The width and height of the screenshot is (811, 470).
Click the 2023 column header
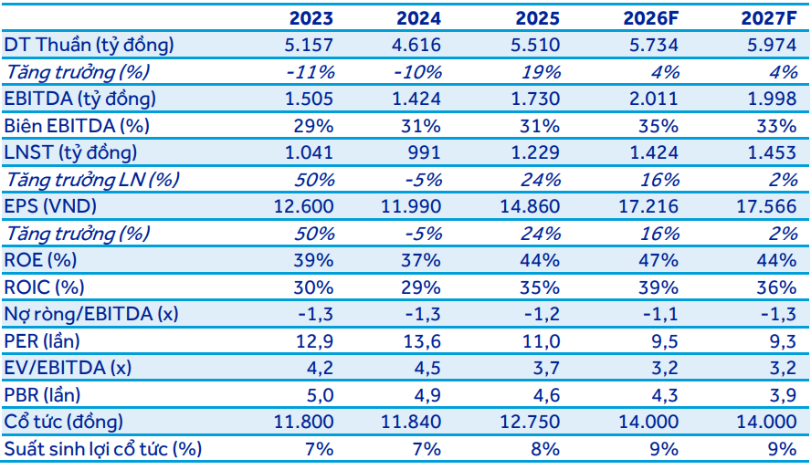tap(311, 18)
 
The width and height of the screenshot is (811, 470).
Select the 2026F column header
tap(650, 18)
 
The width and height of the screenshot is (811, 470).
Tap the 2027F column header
tap(769, 18)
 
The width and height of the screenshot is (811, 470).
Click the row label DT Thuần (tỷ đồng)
tap(89, 46)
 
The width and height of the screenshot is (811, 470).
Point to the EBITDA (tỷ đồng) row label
tap(80, 99)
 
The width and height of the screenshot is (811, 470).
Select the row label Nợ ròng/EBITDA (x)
tap(91, 314)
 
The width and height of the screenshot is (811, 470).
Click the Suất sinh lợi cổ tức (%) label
tap(103, 449)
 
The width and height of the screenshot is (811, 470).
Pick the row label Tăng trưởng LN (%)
tap(92, 180)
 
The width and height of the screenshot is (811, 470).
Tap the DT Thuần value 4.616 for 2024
tap(416, 45)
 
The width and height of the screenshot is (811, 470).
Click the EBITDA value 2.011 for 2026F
tap(654, 99)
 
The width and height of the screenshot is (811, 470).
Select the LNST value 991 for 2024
tap(424, 152)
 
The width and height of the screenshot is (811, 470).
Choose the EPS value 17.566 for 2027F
tap(766, 206)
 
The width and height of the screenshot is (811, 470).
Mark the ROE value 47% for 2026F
tap(658, 260)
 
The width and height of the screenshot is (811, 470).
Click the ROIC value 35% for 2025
tap(540, 287)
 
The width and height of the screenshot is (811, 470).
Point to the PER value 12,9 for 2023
tap(314, 341)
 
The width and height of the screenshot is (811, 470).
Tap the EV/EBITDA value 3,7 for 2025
tap(545, 368)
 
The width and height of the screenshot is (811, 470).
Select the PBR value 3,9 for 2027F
tap(782, 395)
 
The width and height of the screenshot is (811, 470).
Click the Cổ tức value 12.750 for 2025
tap(530, 422)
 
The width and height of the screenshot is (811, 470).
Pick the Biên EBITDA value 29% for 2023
tap(314, 126)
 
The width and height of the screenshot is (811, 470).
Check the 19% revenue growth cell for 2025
tap(541, 72)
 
